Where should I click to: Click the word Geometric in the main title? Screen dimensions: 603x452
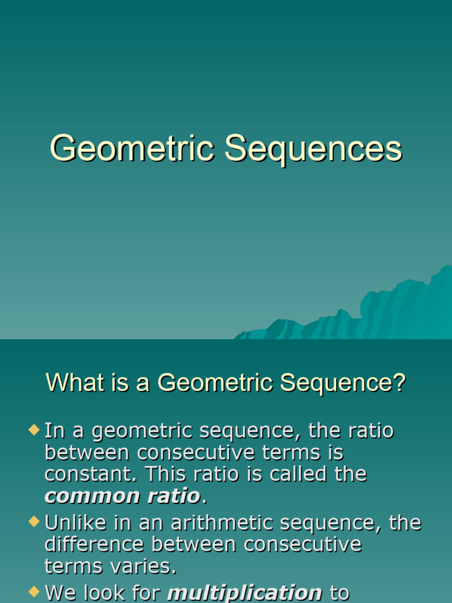click(132, 148)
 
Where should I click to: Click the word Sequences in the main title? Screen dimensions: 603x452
click(313, 148)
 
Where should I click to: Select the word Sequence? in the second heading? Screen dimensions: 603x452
click(343, 383)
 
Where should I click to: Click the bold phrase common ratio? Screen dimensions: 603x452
click(122, 496)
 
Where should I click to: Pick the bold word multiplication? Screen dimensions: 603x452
click(245, 592)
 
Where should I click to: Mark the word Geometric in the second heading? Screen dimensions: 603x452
click(217, 383)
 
